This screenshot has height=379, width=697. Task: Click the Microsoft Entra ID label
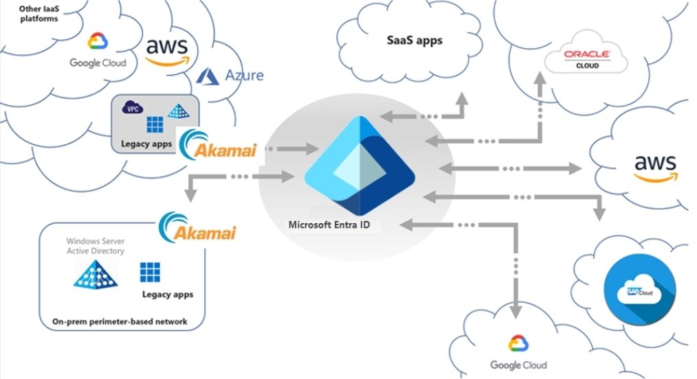[x=329, y=225]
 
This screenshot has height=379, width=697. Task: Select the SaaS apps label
[x=413, y=40]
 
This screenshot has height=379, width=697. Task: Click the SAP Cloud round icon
[x=640, y=288]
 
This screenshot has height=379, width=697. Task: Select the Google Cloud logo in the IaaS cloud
[x=98, y=52]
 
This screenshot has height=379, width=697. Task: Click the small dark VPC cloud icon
[x=131, y=107]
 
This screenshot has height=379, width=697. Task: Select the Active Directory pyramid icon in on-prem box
[x=95, y=274]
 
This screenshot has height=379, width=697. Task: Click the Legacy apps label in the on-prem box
[x=168, y=295]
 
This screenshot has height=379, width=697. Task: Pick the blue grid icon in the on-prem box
[x=148, y=272]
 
